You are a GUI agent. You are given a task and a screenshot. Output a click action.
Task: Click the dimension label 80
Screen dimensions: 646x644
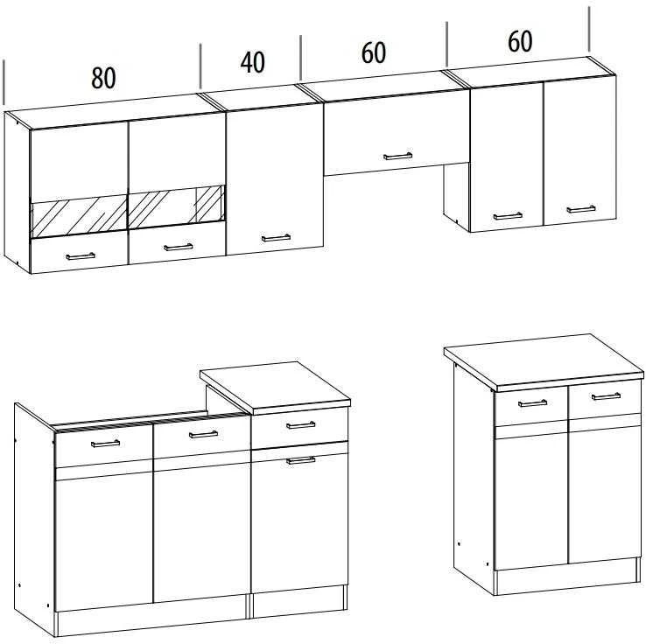[x=103, y=78]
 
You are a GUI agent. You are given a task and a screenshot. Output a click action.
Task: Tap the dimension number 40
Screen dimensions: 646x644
[x=253, y=63]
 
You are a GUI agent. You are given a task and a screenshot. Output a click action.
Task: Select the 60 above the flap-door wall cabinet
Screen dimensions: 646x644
[x=374, y=52]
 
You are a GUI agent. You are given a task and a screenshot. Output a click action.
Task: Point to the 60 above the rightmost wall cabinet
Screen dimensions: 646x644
[x=520, y=41]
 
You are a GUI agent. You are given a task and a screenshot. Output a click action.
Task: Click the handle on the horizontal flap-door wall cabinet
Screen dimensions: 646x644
[x=397, y=157]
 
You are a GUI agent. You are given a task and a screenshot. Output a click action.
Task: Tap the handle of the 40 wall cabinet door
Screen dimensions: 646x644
[x=276, y=238]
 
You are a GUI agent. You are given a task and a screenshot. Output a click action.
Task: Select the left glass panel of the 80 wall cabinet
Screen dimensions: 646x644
[x=80, y=216]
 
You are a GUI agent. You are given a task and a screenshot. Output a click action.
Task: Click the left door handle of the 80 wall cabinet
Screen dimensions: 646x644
[x=81, y=256]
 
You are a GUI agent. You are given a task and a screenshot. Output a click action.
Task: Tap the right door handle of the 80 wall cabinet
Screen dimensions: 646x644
[x=178, y=247]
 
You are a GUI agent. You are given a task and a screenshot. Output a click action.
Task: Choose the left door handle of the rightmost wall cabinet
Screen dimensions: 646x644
[x=508, y=216]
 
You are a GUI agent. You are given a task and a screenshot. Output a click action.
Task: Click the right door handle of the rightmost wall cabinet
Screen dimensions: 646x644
[x=581, y=209]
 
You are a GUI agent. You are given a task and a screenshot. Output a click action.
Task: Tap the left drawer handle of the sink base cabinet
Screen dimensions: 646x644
[x=105, y=444]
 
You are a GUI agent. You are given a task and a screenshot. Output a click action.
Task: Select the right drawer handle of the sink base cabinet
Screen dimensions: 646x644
[x=204, y=434]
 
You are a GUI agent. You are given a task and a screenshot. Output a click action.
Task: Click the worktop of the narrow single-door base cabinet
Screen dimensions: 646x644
[x=275, y=387]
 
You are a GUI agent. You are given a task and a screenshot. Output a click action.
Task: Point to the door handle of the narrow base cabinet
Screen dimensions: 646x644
[x=301, y=460]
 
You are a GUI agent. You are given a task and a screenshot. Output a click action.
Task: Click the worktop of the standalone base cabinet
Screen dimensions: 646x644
[x=544, y=361]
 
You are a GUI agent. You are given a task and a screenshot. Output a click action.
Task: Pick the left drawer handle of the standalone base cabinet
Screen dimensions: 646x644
[x=532, y=403]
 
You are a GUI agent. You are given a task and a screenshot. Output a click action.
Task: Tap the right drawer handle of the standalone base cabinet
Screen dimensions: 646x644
[x=606, y=396]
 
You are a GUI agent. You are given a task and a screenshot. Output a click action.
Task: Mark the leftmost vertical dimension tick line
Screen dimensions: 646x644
[x=4, y=82]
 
